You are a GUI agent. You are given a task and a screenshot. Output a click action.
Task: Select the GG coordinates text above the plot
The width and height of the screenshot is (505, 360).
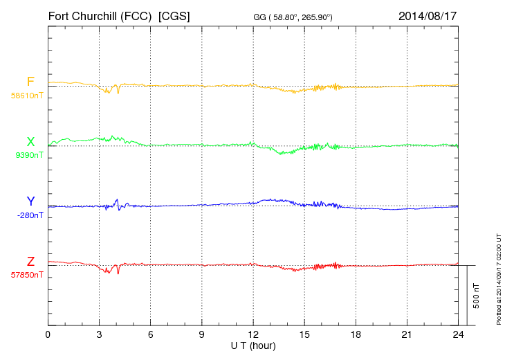(x=294, y=17)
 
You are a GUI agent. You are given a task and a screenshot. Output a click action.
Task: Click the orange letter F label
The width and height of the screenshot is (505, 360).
(x=30, y=82)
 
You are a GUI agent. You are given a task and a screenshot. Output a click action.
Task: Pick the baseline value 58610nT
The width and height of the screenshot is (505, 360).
(x=27, y=94)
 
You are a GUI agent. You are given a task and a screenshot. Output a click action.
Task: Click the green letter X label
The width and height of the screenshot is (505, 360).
(x=30, y=142)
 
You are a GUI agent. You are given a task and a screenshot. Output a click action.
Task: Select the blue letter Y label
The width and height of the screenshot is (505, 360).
(x=30, y=201)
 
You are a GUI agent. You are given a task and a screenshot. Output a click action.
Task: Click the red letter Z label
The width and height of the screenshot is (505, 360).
(x=30, y=262)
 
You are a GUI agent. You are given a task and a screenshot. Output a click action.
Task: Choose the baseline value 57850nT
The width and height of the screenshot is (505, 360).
(x=27, y=275)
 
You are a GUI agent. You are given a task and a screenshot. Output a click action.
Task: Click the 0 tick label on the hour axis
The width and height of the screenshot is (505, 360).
(x=48, y=335)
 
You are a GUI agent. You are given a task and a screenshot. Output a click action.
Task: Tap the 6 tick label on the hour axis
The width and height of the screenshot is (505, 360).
(x=150, y=335)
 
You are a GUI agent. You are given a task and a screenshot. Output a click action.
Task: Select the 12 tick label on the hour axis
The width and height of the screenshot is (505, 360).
(x=253, y=335)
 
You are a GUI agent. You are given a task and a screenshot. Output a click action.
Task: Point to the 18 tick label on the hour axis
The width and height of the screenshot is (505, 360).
(x=356, y=335)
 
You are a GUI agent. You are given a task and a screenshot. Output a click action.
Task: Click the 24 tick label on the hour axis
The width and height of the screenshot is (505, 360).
(x=458, y=335)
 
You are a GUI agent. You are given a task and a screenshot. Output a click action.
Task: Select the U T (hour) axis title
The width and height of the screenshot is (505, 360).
(x=253, y=345)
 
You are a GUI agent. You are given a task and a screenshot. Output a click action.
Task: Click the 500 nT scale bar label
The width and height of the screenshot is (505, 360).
(x=477, y=296)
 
